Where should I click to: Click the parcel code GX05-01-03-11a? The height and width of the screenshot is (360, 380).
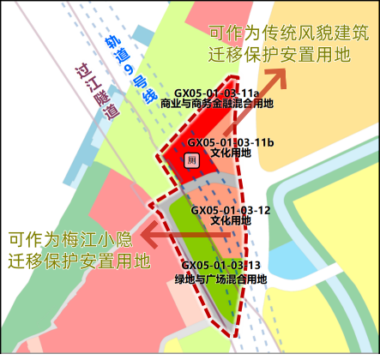[216, 93]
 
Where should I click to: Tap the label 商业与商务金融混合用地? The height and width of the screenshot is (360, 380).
[216, 104]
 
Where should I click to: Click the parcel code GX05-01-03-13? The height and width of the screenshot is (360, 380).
[221, 266]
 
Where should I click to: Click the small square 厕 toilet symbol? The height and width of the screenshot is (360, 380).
[193, 160]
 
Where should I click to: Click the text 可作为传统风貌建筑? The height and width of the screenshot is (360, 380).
[288, 33]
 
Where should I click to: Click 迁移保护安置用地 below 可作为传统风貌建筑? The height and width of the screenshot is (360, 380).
[288, 54]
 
